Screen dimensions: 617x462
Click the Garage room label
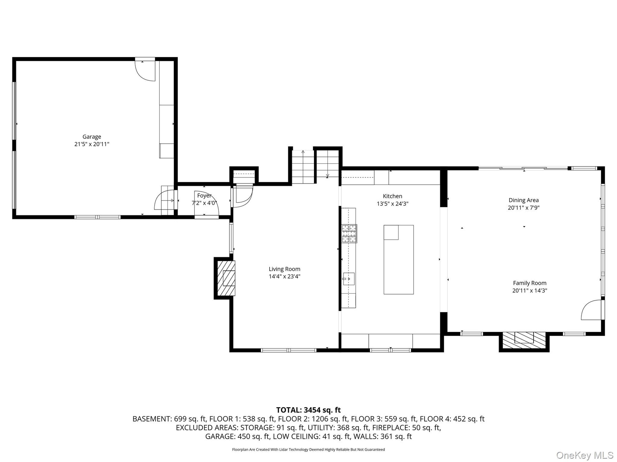point(92,137)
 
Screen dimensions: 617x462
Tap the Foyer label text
point(204,195)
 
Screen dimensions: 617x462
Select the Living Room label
point(284,269)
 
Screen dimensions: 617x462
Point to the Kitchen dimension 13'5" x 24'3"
point(392,203)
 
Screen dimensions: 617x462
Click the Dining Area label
point(523,200)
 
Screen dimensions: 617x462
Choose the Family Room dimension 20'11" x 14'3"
point(530,291)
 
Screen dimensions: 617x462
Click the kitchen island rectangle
point(398,260)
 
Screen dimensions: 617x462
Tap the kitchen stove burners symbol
point(349,233)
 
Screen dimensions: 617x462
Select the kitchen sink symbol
point(348,279)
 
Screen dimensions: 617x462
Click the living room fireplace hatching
point(226,278)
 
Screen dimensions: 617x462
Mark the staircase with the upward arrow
point(303,167)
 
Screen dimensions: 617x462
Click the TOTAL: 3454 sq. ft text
point(308,410)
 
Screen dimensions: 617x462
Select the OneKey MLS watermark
point(585,455)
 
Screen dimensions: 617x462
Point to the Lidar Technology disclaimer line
point(308,449)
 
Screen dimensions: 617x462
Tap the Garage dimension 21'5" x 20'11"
point(92,144)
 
